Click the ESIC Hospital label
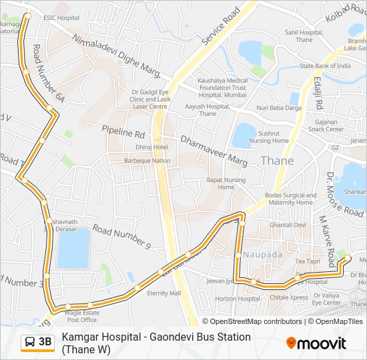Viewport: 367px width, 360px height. click(57, 18)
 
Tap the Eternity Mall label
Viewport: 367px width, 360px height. click(164, 293)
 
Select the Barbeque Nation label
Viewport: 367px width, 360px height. click(147, 161)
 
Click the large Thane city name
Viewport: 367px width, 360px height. click(276, 161)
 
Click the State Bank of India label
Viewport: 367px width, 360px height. click(325, 66)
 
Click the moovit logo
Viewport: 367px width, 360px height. click(316, 343)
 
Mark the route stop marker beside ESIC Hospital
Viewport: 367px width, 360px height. click(27, 15)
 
